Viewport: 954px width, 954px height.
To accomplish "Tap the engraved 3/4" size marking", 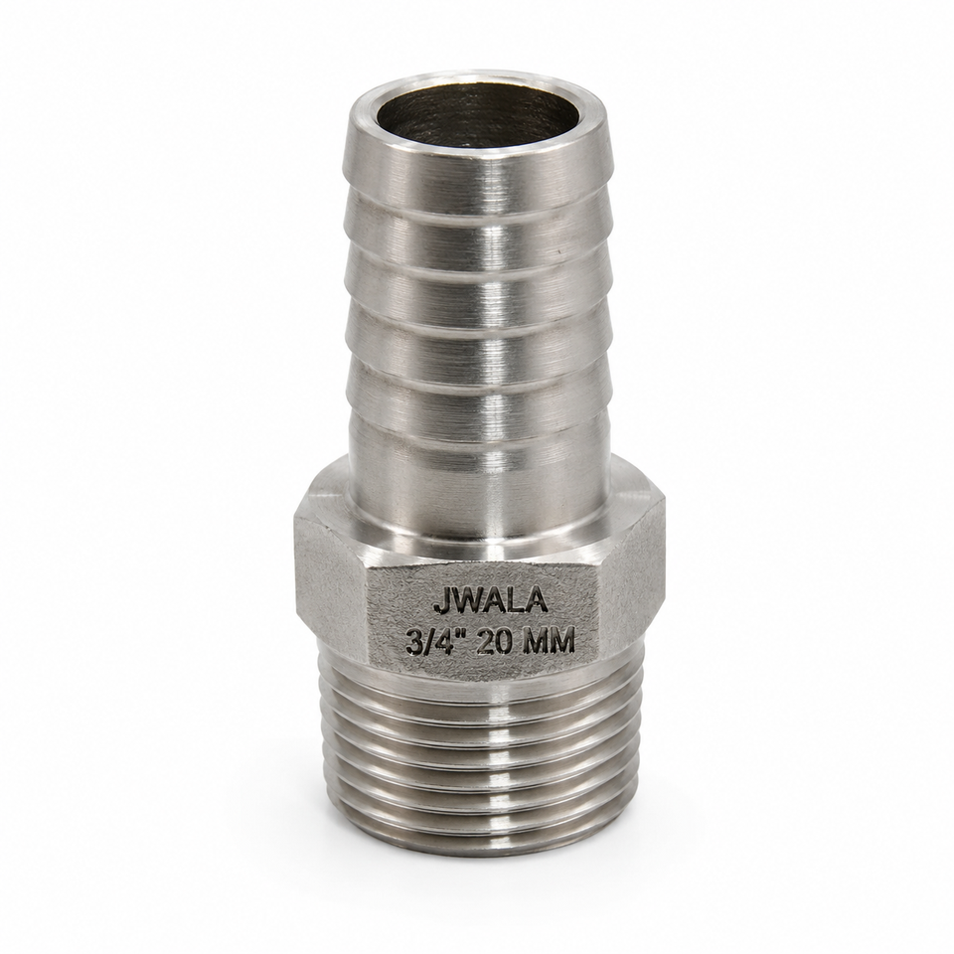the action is pyautogui.click(x=437, y=641).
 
